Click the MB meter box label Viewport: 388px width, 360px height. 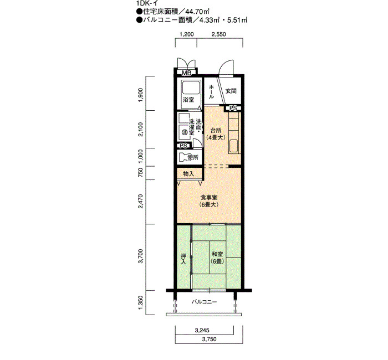click(x=187, y=73)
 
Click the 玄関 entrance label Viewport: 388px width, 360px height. click(x=231, y=91)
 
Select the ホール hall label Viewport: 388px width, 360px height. click(x=211, y=92)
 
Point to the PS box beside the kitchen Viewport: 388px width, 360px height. click(x=233, y=109)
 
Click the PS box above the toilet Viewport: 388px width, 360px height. click(x=183, y=146)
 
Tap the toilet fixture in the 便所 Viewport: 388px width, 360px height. click(x=184, y=157)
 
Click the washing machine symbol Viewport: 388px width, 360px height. click(x=184, y=132)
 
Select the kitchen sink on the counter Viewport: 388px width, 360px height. click(x=233, y=146)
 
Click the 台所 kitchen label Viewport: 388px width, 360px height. click(x=216, y=130)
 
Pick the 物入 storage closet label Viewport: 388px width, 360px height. click(x=188, y=174)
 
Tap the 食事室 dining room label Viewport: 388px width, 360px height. click(x=209, y=197)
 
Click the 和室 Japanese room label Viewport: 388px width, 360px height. click(x=217, y=254)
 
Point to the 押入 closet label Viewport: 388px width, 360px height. click(x=183, y=259)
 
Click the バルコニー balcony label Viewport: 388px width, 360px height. click(x=204, y=302)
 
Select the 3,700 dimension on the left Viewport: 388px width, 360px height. click(x=141, y=256)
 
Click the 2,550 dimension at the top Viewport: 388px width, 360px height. click(x=218, y=34)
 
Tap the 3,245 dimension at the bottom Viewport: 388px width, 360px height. click(x=202, y=330)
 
